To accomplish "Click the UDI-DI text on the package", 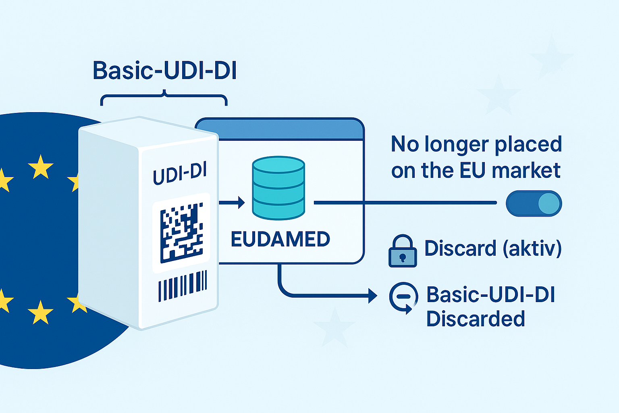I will [x=180, y=174].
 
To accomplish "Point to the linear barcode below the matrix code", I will [x=183, y=286].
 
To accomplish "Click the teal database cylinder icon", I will [x=278, y=188].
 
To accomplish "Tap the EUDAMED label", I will [x=280, y=239].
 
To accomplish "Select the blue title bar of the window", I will [x=280, y=129].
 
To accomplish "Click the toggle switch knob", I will [x=549, y=203].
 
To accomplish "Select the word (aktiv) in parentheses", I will [x=532, y=248].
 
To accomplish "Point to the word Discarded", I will [x=476, y=319].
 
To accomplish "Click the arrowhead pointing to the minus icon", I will [x=372, y=296].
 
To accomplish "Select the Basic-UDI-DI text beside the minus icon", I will [x=490, y=294].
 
